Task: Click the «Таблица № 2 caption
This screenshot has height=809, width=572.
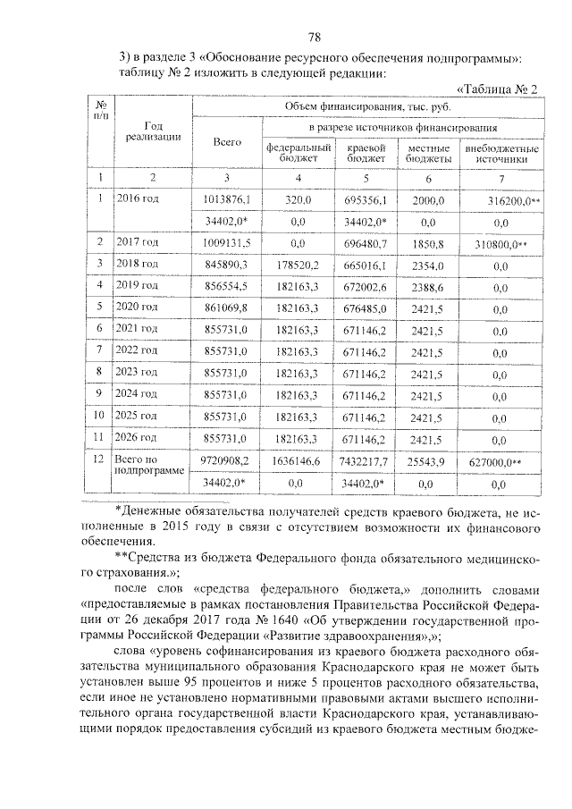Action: pyautogui.click(x=497, y=89)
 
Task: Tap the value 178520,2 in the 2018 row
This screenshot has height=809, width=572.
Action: pyautogui.click(x=298, y=265)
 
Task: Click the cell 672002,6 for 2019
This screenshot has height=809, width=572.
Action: pyautogui.click(x=365, y=286)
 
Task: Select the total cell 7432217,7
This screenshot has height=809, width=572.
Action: pyautogui.click(x=364, y=461)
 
